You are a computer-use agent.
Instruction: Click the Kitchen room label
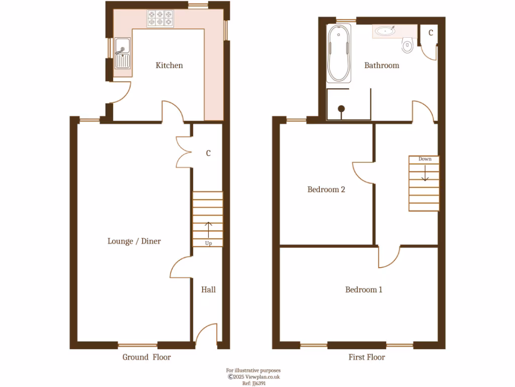[x=169, y=66]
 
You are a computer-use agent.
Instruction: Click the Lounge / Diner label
[x=134, y=241]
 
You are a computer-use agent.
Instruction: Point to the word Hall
[x=208, y=290]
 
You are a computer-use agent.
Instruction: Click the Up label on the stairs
[x=208, y=243]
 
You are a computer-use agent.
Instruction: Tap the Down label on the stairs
[x=425, y=159]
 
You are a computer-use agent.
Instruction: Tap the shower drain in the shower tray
[x=341, y=108]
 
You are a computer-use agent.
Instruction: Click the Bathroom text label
[x=382, y=66]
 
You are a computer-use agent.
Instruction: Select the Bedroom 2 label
[x=326, y=190]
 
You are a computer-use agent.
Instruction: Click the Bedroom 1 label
[x=364, y=290]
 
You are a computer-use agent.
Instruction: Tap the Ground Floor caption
[x=146, y=357]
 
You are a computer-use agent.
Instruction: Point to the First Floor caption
[x=367, y=357]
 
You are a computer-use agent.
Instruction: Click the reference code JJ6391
[x=253, y=383]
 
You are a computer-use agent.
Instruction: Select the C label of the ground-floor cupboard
[x=208, y=154]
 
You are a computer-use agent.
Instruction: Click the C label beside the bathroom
[x=431, y=33]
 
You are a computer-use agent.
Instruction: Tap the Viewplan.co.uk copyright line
[x=253, y=376]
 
